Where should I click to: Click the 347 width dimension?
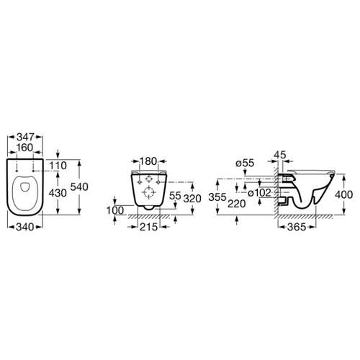25,137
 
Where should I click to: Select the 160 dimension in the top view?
25,148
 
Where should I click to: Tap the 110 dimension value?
58,166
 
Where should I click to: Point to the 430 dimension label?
58,193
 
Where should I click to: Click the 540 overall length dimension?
79,187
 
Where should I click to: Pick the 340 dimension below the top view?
25,227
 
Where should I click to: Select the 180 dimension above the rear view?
149,161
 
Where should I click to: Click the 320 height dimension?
192,199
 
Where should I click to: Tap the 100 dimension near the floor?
115,210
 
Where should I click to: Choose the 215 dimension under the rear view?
148,227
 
